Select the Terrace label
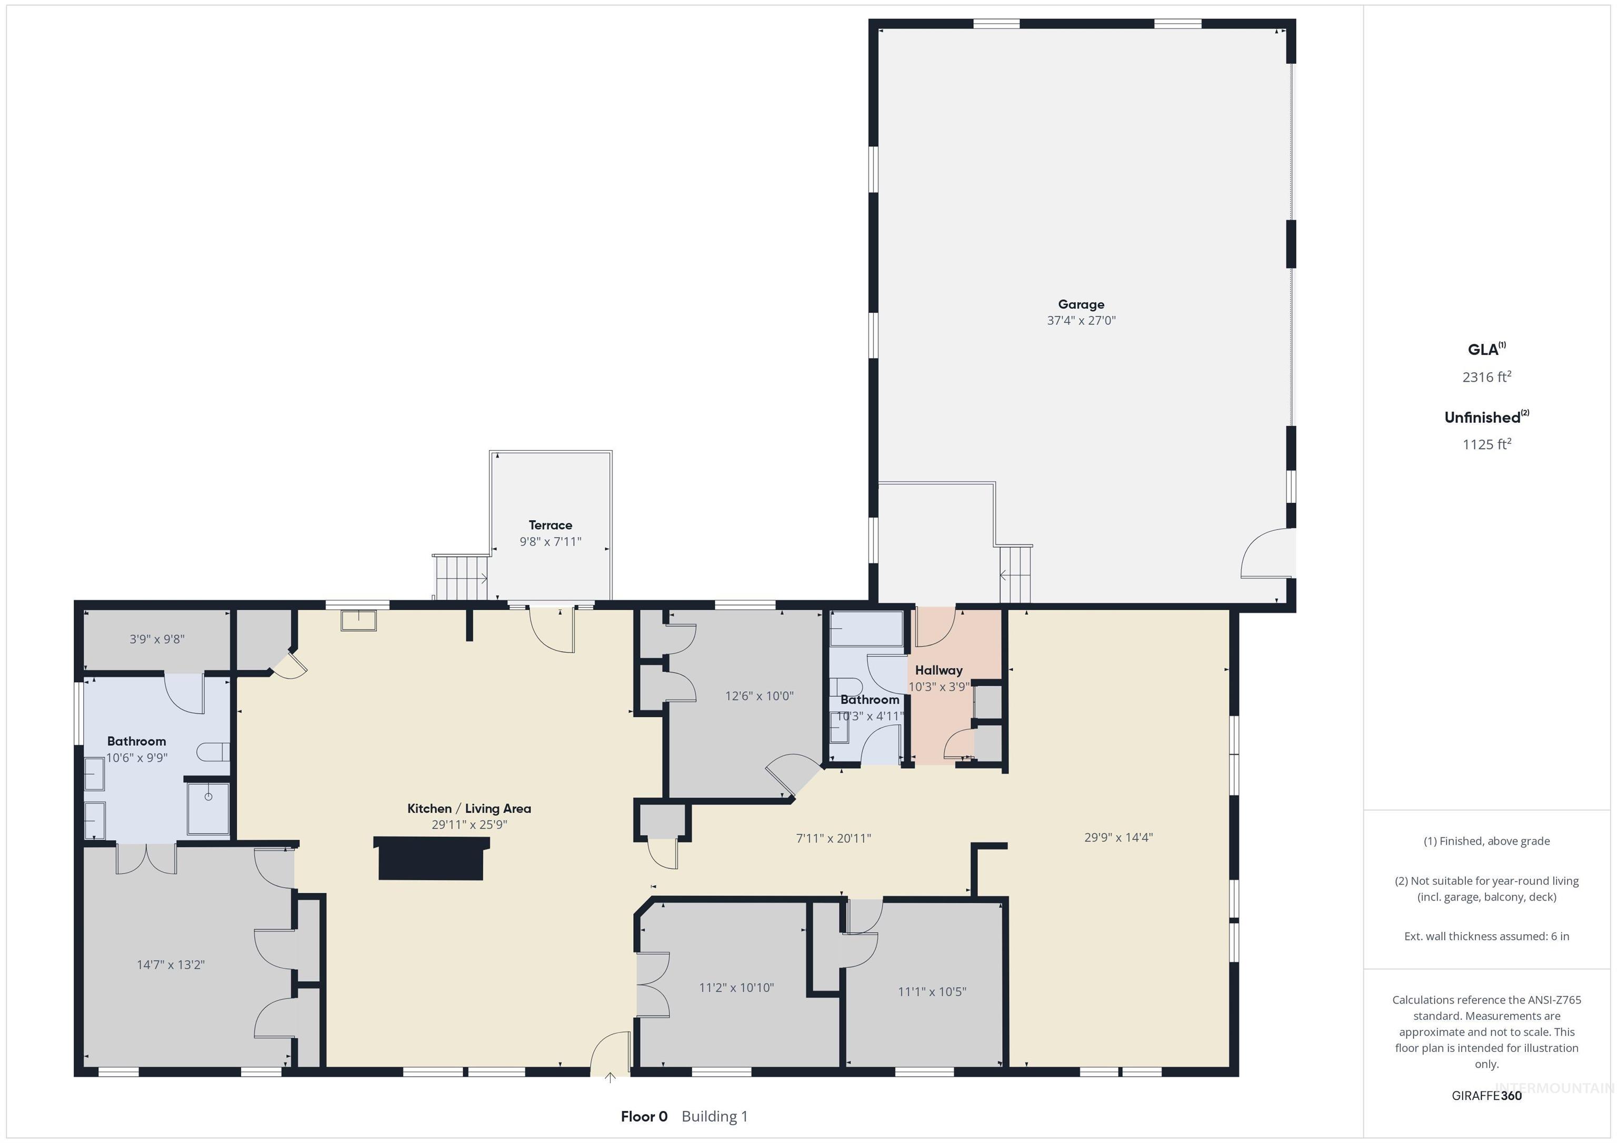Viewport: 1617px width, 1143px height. (550, 525)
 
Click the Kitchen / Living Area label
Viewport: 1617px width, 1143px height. (469, 808)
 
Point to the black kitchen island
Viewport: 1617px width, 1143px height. (431, 858)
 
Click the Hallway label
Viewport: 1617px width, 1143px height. (938, 670)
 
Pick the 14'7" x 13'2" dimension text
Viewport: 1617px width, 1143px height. (171, 964)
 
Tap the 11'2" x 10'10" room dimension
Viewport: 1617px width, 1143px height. (736, 987)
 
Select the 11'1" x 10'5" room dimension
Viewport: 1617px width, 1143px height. (932, 992)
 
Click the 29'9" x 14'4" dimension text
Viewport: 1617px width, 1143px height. (1119, 837)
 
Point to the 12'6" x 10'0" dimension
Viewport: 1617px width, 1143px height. (759, 696)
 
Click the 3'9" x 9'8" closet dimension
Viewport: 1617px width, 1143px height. (157, 639)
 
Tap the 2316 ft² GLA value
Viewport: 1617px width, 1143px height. (1486, 377)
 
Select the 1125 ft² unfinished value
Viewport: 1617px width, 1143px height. (1486, 444)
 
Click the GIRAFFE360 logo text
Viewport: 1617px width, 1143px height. (1486, 1096)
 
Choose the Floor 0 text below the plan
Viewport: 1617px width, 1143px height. (644, 1116)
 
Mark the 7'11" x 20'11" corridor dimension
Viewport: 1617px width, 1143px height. (833, 838)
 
